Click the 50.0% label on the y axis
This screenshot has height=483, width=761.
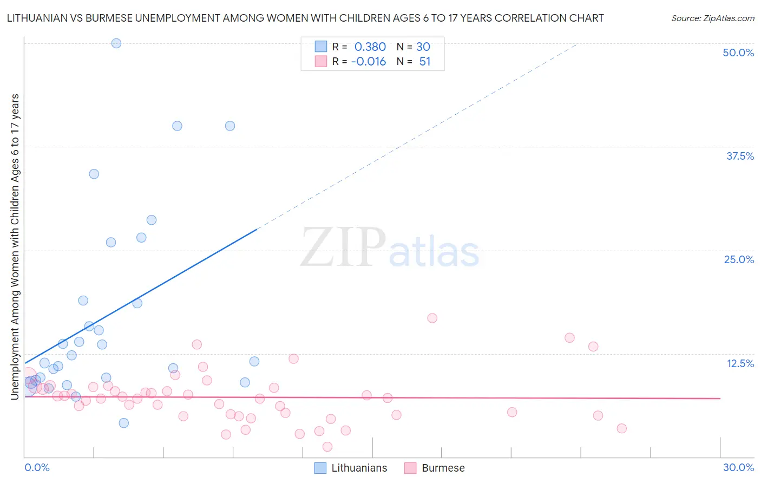click(x=738, y=53)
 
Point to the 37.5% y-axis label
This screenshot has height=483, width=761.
click(x=739, y=156)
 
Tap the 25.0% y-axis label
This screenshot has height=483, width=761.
click(x=738, y=259)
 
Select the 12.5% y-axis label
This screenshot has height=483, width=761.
click(x=740, y=363)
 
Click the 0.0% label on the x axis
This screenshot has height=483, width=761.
click(x=37, y=467)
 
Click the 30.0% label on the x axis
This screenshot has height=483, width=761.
click(x=738, y=467)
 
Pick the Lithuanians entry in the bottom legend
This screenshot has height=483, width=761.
click(x=359, y=468)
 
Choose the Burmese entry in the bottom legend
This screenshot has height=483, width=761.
click(x=443, y=468)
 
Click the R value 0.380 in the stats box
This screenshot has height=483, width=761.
click(x=370, y=47)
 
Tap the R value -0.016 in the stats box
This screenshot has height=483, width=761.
click(x=368, y=62)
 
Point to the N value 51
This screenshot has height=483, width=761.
click(x=424, y=62)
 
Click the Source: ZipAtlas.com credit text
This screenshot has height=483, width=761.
click(x=712, y=18)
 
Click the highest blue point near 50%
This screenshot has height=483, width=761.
click(x=116, y=43)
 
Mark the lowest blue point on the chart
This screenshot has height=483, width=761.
click(x=124, y=423)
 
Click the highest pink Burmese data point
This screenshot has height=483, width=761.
click(x=432, y=318)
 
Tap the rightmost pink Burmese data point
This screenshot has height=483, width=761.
click(x=621, y=428)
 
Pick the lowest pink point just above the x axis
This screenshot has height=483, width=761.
click(x=327, y=447)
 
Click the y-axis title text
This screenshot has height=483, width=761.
click(x=15, y=246)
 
